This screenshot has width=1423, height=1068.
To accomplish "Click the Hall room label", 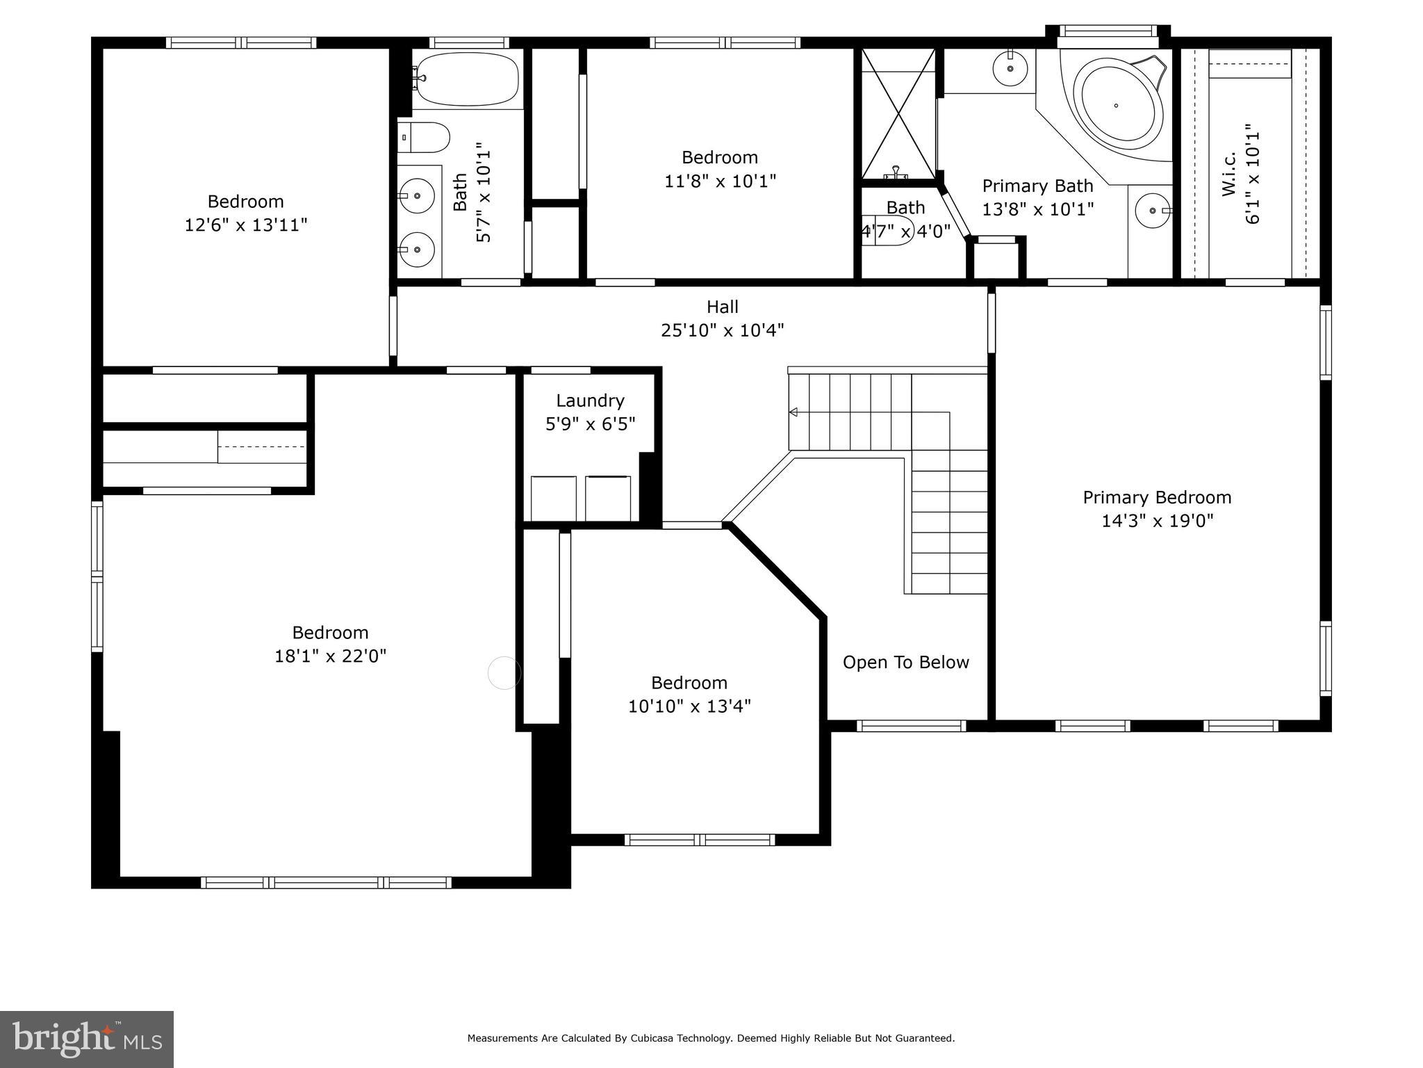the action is pos(722,307).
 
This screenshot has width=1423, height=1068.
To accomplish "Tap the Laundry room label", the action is pos(590,400).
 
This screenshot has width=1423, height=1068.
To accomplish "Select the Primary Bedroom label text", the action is pos(1157,497).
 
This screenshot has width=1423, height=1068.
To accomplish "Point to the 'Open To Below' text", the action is pos(905,662).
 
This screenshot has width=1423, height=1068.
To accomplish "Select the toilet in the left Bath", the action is pos(424,138).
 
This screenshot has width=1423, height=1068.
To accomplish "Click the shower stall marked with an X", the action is pos(898,113).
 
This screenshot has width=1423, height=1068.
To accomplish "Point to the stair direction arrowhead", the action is pos(793,412).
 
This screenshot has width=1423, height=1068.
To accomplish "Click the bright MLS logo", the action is pos(87,1039).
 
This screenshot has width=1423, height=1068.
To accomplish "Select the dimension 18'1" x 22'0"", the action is pos(330,656).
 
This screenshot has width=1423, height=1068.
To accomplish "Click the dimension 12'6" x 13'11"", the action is pos(245,225).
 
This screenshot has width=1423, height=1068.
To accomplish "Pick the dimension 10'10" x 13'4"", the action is pos(689,706).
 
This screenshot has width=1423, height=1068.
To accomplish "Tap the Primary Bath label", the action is pos(1037,186).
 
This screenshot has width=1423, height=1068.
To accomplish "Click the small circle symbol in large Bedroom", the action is pos(504,673).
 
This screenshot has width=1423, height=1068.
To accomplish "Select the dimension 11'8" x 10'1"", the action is pos(720,181).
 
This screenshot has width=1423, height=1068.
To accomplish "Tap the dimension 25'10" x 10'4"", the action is pos(722,330).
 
